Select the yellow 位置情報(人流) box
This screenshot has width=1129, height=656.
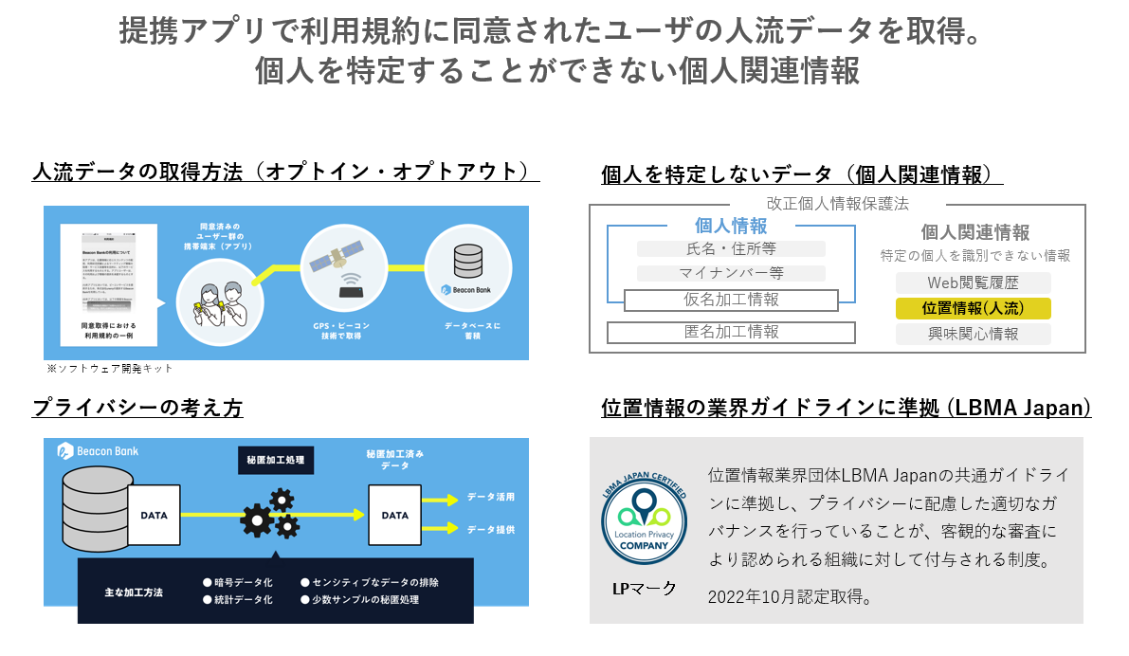click(973, 308)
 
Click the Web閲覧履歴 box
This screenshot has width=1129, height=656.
click(973, 282)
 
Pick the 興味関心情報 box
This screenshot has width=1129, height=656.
click(973, 334)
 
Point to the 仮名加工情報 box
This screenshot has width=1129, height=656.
click(731, 300)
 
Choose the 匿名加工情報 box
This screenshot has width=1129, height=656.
click(731, 332)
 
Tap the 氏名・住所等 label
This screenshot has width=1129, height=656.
click(731, 249)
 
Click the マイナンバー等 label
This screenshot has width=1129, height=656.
click(731, 274)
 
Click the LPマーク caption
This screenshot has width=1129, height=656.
click(644, 589)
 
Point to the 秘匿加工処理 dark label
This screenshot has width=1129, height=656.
click(275, 460)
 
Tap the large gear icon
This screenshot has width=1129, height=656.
click(257, 519)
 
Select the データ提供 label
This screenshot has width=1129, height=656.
click(491, 529)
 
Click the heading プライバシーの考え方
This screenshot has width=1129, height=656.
click(137, 408)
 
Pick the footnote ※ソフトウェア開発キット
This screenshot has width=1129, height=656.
click(110, 368)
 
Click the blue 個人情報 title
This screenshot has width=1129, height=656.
click(731, 226)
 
